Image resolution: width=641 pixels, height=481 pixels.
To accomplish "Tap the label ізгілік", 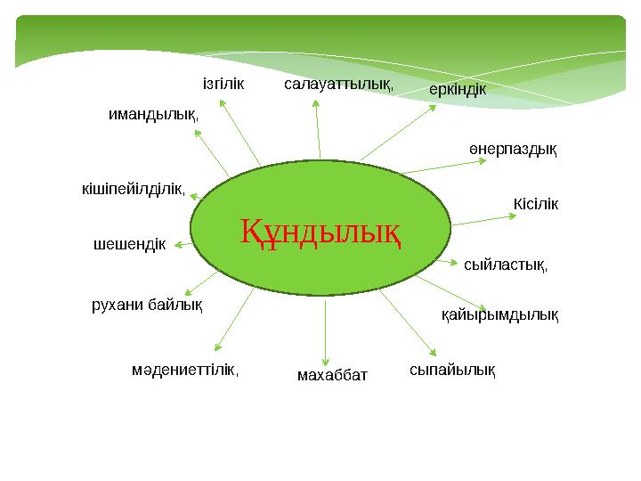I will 223,86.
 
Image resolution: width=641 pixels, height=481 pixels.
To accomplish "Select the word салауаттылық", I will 337,85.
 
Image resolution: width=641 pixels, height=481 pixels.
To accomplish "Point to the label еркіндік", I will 457,90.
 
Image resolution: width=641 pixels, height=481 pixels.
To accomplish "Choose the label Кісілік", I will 535,205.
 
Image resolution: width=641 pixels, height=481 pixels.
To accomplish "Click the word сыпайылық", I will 451,368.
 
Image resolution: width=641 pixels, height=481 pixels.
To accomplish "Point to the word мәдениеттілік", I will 184,368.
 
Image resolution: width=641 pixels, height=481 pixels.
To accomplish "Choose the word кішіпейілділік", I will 132,189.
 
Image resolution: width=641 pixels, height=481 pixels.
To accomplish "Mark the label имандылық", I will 152,114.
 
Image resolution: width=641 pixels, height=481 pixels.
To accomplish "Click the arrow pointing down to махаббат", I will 326,330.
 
